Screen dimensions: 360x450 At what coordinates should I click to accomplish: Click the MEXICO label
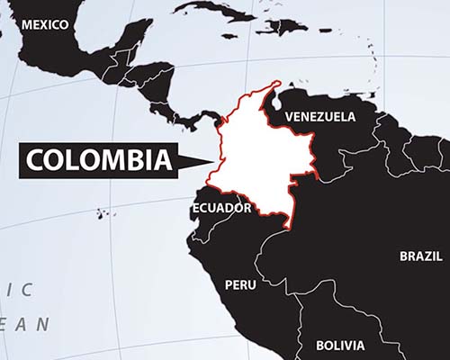(44, 25)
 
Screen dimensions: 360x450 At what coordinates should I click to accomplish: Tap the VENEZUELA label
(319, 117)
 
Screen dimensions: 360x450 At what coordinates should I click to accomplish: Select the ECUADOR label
(221, 208)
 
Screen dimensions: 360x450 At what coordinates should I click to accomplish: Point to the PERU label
(240, 284)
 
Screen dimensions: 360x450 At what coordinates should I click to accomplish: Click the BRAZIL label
(421, 256)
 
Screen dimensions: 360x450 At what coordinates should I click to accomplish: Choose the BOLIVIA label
(340, 346)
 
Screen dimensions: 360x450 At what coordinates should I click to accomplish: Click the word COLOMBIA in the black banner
(98, 160)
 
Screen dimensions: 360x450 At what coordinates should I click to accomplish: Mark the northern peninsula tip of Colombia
(274, 86)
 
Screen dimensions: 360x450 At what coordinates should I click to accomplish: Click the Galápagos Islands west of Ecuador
(104, 213)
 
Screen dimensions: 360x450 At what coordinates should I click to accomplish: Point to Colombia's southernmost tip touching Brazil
(286, 225)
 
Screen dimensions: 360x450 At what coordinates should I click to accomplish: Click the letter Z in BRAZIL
(427, 256)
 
